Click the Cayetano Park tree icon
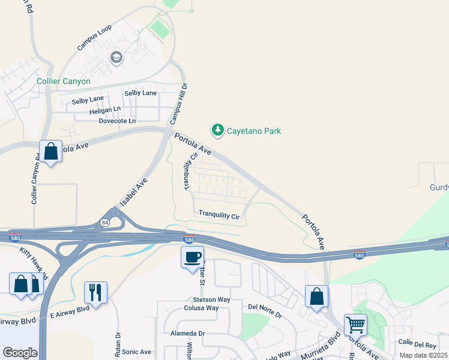217,130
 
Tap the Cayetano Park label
253,131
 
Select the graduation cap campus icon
116,58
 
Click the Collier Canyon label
64,81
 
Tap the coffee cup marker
192,257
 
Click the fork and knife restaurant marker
95,293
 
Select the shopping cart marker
355,325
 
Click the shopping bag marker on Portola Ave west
51,152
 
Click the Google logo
20,352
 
